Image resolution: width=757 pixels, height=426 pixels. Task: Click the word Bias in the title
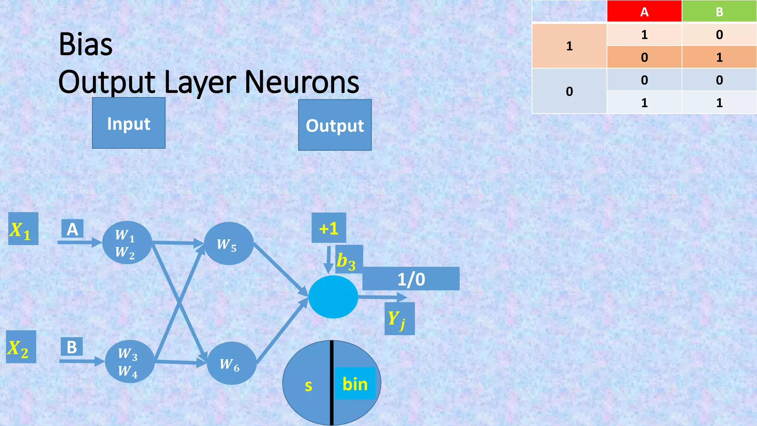[85, 44]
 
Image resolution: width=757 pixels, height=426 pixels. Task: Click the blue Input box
[129, 123]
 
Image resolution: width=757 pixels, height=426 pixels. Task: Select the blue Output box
[335, 125]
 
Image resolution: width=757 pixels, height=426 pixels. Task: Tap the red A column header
[644, 11]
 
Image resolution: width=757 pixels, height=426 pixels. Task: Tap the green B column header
[719, 11]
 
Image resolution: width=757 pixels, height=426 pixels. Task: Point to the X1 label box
[23, 229]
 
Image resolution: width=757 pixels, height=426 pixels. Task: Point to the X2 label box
[21, 347]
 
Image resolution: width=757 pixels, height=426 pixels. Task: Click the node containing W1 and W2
[127, 243]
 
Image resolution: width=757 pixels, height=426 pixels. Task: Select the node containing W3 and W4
[129, 361]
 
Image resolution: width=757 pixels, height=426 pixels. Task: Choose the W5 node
[228, 243]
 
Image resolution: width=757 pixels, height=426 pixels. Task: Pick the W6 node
[231, 363]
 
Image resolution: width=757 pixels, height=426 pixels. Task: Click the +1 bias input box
[329, 228]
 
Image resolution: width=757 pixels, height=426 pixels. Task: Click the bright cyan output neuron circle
[333, 297]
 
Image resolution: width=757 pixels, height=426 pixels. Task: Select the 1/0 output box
[411, 279]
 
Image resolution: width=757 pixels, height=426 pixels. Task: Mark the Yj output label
[399, 318]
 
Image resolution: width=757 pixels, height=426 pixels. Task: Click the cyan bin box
[355, 383]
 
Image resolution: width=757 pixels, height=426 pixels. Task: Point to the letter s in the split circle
[308, 386]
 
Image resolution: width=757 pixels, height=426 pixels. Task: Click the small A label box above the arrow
[72, 229]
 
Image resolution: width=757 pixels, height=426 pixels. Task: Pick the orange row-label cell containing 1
[569, 46]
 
